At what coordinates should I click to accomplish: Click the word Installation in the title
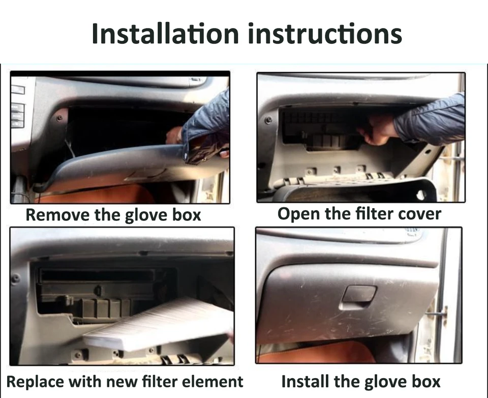point(165,34)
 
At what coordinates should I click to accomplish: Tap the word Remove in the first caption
point(57,215)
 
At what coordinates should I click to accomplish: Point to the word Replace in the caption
point(35,382)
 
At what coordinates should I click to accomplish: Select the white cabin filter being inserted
point(159,324)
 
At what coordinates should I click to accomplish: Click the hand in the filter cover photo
point(378,129)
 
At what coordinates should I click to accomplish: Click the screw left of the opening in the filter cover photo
point(268,120)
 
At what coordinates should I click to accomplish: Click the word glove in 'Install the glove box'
point(383,382)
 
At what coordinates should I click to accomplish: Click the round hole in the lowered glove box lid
point(421,195)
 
